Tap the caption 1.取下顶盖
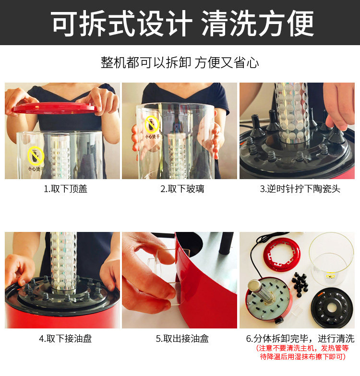coord(65,189)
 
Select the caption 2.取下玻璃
coord(182,189)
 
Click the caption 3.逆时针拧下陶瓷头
coord(300,189)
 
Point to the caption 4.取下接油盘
coord(65,339)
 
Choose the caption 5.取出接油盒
coord(182,339)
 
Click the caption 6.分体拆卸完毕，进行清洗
coord(300,339)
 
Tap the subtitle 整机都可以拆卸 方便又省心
coord(180,62)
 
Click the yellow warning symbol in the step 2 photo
coord(152,124)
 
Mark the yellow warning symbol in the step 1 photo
coord(36,156)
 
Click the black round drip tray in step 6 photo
coord(332,308)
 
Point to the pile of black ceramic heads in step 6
coord(300,285)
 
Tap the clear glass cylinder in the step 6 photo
coord(332,258)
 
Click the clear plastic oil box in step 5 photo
coord(166,276)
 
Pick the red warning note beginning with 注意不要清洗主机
coord(302,352)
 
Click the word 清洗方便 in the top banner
coord(258,24)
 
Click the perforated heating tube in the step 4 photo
coord(63,261)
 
